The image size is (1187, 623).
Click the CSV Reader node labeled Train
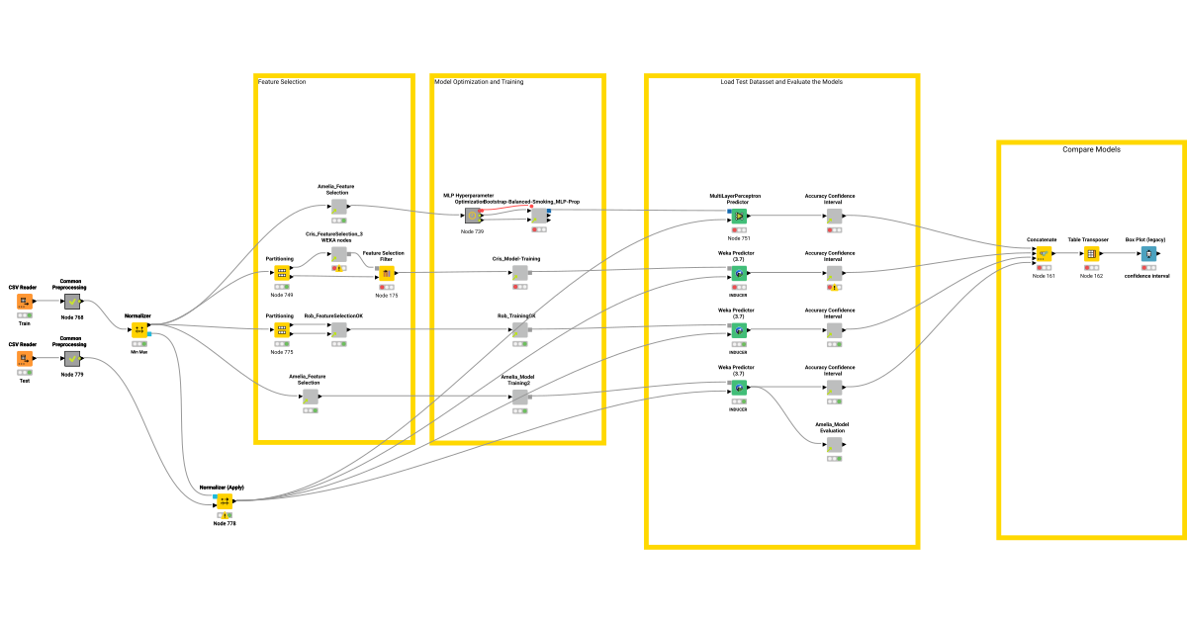tap(24, 301)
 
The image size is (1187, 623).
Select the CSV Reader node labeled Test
tap(24, 358)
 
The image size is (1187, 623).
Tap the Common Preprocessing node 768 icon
tap(71, 301)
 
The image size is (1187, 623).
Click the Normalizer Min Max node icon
tap(139, 329)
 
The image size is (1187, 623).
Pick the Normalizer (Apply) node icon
tap(225, 501)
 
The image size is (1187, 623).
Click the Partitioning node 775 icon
tap(281, 329)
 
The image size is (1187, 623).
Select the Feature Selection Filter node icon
tap(387, 272)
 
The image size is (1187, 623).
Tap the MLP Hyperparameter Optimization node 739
tap(472, 215)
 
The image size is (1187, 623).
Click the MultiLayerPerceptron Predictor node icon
tap(738, 215)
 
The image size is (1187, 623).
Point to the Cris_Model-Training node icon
tap(519, 272)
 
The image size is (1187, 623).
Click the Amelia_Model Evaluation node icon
tap(833, 444)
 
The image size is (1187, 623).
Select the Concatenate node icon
tap(1043, 253)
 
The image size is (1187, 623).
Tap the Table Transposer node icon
tap(1091, 253)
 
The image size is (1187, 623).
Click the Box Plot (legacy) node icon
tap(1148, 253)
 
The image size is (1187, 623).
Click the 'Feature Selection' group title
tap(282, 82)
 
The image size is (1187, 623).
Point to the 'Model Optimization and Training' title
tap(479, 82)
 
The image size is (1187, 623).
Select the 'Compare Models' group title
tap(1091, 149)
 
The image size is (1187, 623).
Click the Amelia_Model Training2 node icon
tap(519, 397)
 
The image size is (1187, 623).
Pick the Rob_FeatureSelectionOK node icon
tap(338, 329)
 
